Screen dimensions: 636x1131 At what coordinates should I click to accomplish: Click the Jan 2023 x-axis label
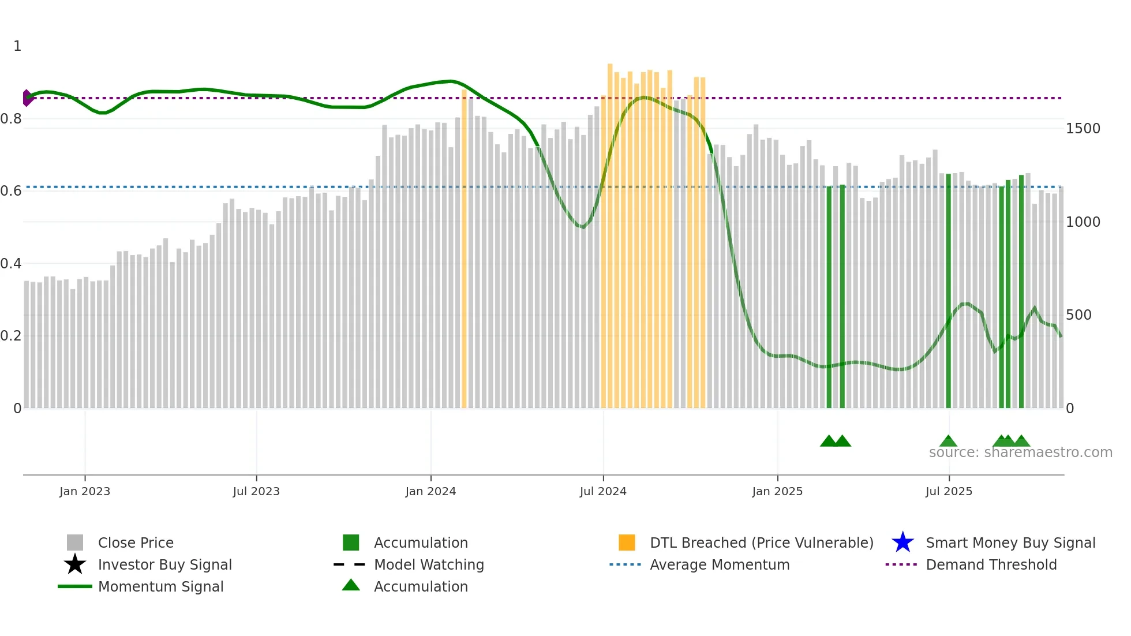click(85, 492)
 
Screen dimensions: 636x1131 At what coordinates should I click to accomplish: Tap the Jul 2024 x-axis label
click(603, 492)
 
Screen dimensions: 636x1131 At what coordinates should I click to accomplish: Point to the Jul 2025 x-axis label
click(949, 492)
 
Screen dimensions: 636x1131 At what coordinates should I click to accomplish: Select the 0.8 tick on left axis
click(11, 119)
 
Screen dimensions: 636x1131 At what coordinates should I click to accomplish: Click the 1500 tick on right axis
click(1083, 129)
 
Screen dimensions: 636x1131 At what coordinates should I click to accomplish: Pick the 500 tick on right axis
click(1078, 315)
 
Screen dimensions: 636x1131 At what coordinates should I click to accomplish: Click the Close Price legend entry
click(136, 543)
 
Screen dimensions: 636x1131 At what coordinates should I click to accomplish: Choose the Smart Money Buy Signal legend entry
click(1010, 543)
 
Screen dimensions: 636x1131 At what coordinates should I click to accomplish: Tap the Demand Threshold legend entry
click(991, 565)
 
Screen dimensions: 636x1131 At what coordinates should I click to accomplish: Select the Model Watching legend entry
click(429, 565)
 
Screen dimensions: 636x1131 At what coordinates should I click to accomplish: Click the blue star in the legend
click(902, 543)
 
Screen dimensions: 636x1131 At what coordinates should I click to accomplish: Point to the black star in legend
click(75, 564)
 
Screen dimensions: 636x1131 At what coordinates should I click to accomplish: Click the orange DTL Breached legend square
click(627, 543)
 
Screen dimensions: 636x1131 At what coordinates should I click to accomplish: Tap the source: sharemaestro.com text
click(1020, 452)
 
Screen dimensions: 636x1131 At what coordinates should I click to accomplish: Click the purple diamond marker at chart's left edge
click(27, 98)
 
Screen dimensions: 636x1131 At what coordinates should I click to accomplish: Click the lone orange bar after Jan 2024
click(464, 248)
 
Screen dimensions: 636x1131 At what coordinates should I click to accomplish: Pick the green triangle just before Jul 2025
click(948, 442)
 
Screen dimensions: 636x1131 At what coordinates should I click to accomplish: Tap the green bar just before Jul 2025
click(948, 289)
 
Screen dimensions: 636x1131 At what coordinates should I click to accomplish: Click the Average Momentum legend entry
click(719, 565)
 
